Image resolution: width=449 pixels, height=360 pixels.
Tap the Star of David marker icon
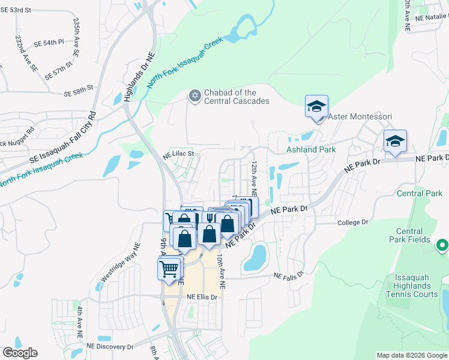coord(194,95)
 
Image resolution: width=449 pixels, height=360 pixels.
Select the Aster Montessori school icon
coord(316,107)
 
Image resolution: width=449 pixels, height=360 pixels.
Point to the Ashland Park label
coord(310,148)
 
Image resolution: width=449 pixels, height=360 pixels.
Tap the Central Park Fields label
coord(414,235)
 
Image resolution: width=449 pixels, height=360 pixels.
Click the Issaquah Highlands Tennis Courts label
coord(412,285)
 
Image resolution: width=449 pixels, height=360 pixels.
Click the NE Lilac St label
coord(179,154)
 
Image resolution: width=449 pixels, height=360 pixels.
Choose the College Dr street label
coord(352,222)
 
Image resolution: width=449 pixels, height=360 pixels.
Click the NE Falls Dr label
coord(290,275)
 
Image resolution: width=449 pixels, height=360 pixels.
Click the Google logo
coord(20,353)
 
